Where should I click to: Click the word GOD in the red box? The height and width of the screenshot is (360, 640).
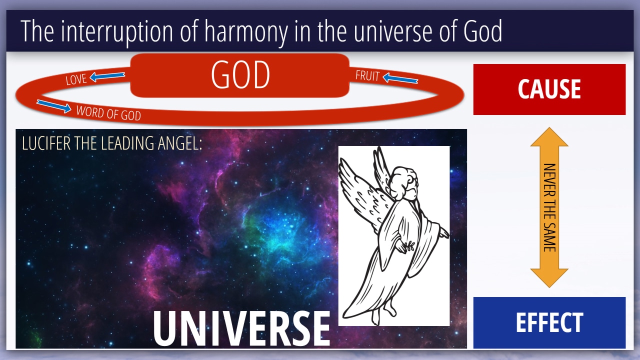pyautogui.click(x=240, y=74)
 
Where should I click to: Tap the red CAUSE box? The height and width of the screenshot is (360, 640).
pyautogui.click(x=549, y=89)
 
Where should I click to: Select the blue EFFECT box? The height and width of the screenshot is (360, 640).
pyautogui.click(x=549, y=322)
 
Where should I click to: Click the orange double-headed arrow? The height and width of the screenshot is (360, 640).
pyautogui.click(x=549, y=207)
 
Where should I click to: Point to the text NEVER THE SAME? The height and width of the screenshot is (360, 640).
pyautogui.click(x=549, y=207)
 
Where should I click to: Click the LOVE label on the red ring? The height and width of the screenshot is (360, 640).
pyautogui.click(x=75, y=79)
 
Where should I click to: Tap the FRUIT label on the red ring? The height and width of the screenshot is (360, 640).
pyautogui.click(x=367, y=75)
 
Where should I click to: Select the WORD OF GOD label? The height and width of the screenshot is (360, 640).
pyautogui.click(x=108, y=113)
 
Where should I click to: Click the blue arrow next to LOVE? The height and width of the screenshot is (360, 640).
pyautogui.click(x=107, y=76)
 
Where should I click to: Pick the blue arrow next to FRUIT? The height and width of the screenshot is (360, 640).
pyautogui.click(x=400, y=78)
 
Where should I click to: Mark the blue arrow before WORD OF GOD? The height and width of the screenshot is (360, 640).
pyautogui.click(x=54, y=106)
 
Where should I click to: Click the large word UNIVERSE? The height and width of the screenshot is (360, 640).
pyautogui.click(x=241, y=328)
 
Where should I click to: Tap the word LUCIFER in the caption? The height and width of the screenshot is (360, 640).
pyautogui.click(x=46, y=143)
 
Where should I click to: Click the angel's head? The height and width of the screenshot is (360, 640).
pyautogui.click(x=403, y=183)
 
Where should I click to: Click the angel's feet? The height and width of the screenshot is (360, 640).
pyautogui.click(x=383, y=313)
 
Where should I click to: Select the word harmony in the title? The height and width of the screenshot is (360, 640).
pyautogui.click(x=246, y=31)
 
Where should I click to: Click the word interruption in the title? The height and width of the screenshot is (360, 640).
pyautogui.click(x=117, y=31)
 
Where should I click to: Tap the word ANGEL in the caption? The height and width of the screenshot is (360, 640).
pyautogui.click(x=180, y=143)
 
